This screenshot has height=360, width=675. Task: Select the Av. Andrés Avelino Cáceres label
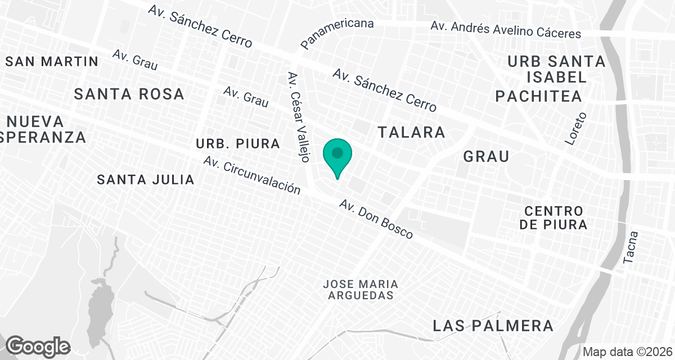[x=506, y=29]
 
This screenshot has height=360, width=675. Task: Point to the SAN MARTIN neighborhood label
[x=52, y=61]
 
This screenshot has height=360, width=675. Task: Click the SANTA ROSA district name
[x=129, y=94]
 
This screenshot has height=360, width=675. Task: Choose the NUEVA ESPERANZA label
[x=43, y=129]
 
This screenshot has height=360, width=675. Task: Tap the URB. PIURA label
[x=238, y=144]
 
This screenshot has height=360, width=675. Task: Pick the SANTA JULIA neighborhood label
[x=146, y=180]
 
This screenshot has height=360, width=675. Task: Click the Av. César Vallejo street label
[x=298, y=117]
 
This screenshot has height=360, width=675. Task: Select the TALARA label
[x=412, y=133]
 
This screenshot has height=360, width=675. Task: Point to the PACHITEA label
[x=538, y=96]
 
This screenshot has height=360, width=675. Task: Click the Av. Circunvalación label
[x=252, y=175]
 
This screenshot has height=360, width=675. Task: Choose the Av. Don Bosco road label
[x=376, y=219]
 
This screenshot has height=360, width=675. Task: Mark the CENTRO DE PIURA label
[x=553, y=218]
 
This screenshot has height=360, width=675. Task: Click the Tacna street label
[x=631, y=247]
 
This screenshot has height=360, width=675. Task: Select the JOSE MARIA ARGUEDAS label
[x=361, y=290]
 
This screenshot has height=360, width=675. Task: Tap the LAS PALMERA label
[x=493, y=326]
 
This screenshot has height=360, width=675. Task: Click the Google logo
[x=38, y=346]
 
